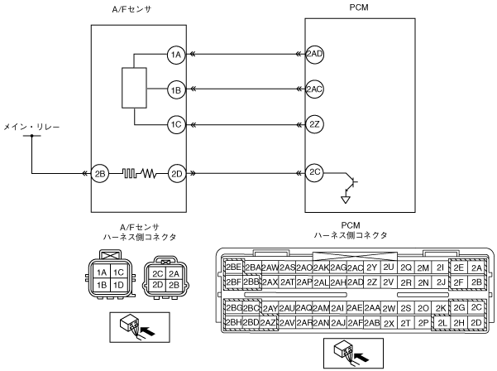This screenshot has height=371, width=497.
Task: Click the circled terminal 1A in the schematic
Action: [x=174, y=55]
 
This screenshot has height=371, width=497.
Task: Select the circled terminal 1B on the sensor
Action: [x=174, y=89]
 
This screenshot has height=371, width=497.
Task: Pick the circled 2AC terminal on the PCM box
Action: [x=314, y=89]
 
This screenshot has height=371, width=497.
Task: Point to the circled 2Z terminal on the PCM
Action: [x=314, y=124]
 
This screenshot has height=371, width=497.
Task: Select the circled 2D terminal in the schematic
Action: [x=174, y=174]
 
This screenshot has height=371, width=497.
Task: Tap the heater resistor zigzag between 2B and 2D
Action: [x=139, y=174]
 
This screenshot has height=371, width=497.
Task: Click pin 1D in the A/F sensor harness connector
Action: [x=118, y=285]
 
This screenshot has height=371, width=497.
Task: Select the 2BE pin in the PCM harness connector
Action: [x=232, y=267]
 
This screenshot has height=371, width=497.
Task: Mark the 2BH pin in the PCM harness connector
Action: [x=232, y=322]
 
